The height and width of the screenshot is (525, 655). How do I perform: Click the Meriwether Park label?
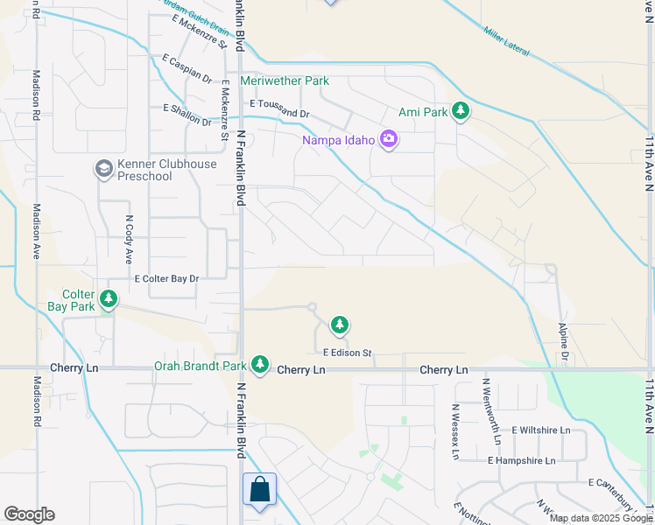285,81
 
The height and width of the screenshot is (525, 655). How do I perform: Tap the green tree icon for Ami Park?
461,112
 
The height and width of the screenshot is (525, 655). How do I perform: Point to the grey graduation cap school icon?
104,168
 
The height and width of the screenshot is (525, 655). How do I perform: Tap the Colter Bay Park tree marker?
109,299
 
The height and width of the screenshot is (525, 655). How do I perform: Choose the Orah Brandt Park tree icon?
259,363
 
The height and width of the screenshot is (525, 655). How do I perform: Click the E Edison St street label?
348,353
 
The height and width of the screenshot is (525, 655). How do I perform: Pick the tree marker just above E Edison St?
339,325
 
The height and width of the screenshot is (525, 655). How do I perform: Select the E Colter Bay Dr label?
166,278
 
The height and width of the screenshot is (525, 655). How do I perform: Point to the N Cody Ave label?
128,240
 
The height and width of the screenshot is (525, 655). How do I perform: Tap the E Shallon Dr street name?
187,115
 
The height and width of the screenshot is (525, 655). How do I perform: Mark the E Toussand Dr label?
278,108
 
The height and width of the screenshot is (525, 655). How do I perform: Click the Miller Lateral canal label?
506,41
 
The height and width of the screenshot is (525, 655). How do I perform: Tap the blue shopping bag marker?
260,490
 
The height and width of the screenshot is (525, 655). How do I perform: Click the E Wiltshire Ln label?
540,430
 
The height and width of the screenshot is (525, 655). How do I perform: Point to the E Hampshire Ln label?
522,460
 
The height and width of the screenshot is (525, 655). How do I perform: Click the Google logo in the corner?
29,514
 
